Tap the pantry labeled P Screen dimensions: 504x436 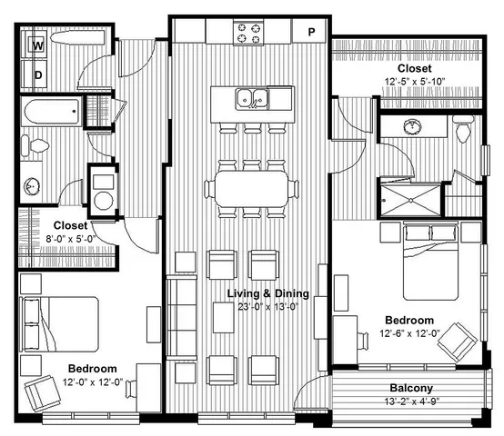[309, 31]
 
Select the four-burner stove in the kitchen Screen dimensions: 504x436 [248, 33]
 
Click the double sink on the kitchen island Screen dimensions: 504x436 [252, 99]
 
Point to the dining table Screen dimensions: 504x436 [252, 188]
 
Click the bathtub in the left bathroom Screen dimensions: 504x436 [52, 112]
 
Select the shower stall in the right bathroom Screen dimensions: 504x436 [411, 200]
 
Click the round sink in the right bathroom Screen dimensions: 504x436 [413, 126]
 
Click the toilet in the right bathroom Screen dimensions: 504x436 [463, 130]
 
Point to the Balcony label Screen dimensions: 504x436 [411, 388]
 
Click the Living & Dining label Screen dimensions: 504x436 [268, 293]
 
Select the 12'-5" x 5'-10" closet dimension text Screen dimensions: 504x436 [415, 82]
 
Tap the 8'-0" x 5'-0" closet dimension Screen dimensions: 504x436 [70, 239]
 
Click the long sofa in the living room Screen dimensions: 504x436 [182, 317]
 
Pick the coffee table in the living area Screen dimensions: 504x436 [223, 318]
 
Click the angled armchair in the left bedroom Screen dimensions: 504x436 [43, 393]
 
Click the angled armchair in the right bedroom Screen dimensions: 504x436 [458, 342]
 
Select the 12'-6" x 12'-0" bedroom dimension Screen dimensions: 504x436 [409, 333]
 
